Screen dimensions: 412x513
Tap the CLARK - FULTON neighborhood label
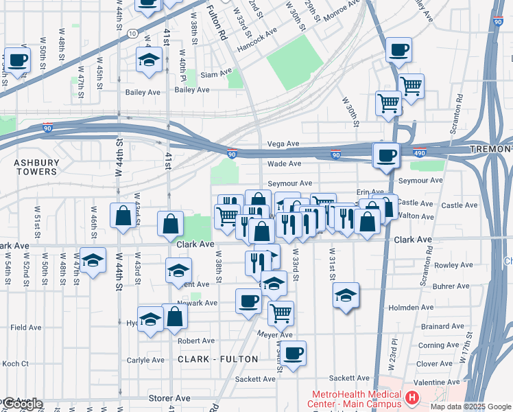tap(218, 359)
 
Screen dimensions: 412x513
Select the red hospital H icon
tap(412, 398)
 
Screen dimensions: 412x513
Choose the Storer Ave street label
tap(169, 398)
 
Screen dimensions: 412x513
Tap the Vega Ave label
tap(283, 144)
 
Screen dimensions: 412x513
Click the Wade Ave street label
tap(284, 164)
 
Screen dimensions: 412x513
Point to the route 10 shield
tap(132, 33)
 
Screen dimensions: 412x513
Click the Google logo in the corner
tap(22, 404)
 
